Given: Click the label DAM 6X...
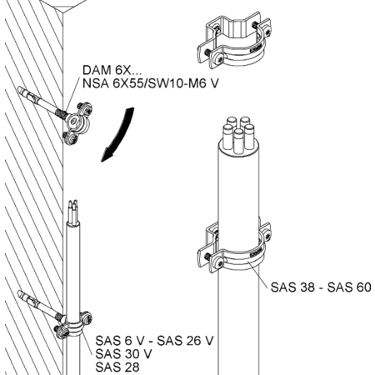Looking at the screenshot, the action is point(112,70).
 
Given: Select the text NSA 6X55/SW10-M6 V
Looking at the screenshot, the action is point(151,83).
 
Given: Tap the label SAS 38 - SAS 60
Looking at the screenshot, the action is point(321,287).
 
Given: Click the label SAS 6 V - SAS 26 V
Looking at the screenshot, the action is point(154,341).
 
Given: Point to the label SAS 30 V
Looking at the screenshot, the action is point(123,354).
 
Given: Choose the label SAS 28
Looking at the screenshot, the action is point(117,367).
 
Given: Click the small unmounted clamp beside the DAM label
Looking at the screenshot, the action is point(78,123).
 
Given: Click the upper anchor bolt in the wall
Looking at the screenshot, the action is point(42,102).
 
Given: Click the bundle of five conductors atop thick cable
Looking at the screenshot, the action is point(238,135).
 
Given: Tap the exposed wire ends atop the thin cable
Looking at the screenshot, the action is point(73,211).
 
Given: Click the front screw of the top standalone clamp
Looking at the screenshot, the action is point(218,58).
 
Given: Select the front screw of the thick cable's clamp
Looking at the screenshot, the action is point(218,262).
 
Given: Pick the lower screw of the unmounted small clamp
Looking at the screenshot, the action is point(70,137).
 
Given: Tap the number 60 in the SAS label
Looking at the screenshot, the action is point(363,287).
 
